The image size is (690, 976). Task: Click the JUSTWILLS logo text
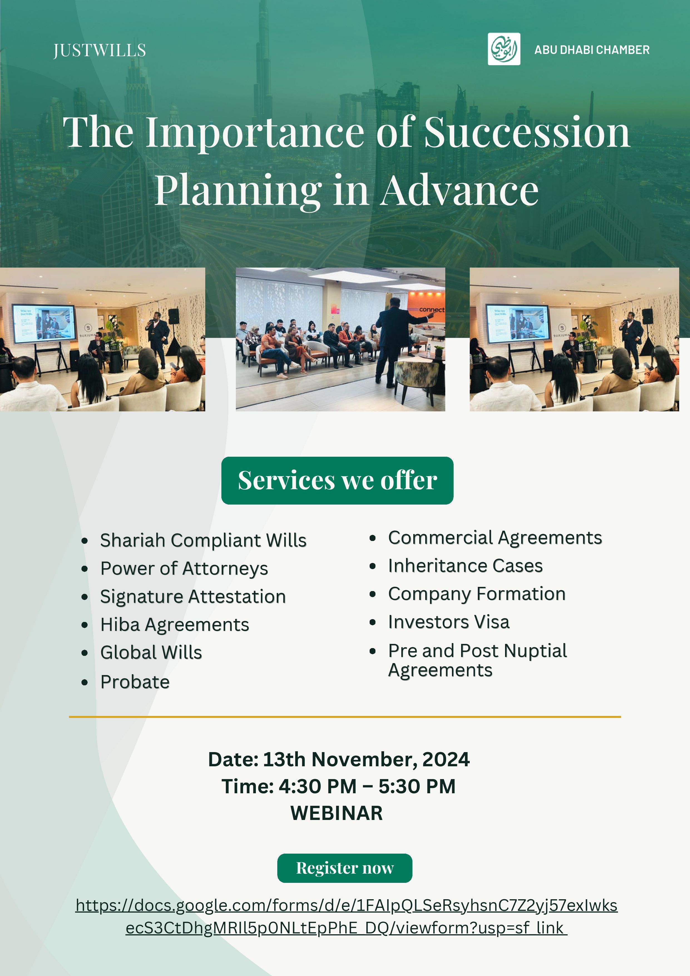pyautogui.click(x=100, y=50)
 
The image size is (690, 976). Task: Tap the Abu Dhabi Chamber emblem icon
pyautogui.click(x=504, y=49)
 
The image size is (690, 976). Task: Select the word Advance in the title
pyautogui.click(x=459, y=191)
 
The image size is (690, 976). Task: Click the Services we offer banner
pyautogui.click(x=337, y=480)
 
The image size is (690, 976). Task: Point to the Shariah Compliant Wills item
pyautogui.click(x=203, y=540)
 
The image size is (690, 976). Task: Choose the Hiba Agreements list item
pyautogui.click(x=175, y=624)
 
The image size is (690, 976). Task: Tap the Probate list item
pyautogui.click(x=135, y=682)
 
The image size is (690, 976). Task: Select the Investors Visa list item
pyautogui.click(x=449, y=622)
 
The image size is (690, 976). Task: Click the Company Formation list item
pyautogui.click(x=477, y=594)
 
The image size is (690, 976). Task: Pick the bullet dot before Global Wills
pyautogui.click(x=85, y=653)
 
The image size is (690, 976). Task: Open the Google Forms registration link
pyautogui.click(x=347, y=916)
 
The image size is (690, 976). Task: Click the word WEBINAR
pyautogui.click(x=337, y=813)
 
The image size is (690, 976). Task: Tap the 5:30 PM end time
pyautogui.click(x=417, y=786)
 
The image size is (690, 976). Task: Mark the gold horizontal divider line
pyautogui.click(x=345, y=717)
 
